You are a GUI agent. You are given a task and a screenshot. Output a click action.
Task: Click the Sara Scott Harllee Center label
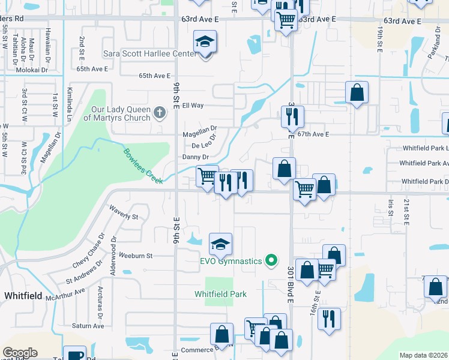click(150, 53)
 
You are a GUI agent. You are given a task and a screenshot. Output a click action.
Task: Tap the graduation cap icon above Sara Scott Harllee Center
click(205, 42)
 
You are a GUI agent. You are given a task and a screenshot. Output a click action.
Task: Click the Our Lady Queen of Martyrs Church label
click(117, 114)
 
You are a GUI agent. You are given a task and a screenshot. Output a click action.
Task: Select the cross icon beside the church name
click(159, 112)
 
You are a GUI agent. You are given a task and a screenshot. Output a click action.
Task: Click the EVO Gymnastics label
click(231, 261)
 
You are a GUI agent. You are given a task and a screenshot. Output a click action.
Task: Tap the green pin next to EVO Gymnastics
click(271, 260)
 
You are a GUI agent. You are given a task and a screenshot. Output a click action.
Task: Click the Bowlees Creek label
click(143, 165)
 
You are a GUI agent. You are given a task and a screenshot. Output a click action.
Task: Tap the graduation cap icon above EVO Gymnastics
click(220, 244)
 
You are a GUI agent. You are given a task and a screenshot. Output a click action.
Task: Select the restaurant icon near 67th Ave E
click(292, 116)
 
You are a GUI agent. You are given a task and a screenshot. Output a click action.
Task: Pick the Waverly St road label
click(123, 212)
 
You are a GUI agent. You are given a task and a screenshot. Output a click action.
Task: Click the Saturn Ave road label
click(88, 326)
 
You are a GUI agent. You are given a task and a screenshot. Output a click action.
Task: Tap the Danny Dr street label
click(196, 157)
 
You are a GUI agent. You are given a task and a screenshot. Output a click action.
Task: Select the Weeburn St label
click(136, 255)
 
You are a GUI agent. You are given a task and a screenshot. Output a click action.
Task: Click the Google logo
click(20, 353)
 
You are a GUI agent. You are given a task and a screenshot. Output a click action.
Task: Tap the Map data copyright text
click(423, 355)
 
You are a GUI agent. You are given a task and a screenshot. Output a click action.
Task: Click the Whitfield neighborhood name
click(22, 296)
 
